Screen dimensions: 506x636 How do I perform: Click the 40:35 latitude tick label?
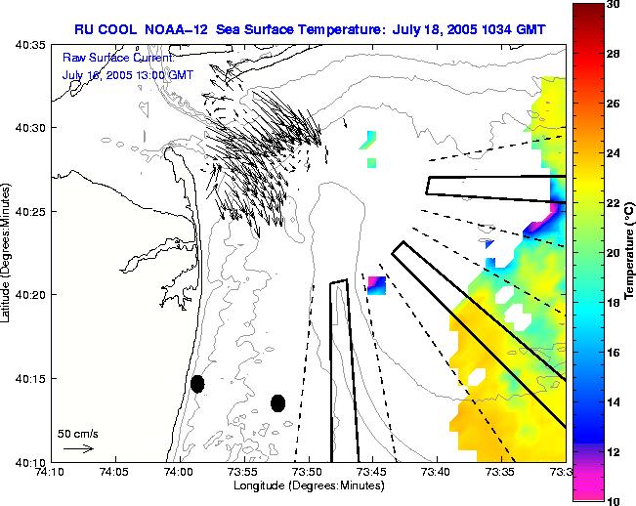point(32,45)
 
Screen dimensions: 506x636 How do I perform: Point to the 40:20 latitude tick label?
point(32,295)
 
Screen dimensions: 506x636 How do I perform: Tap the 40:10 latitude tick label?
point(32,461)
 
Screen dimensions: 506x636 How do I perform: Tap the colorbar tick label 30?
point(613,5)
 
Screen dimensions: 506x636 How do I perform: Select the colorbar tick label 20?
point(613,253)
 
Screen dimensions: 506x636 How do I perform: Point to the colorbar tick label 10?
point(613,500)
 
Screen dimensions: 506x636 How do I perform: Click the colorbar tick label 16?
point(613,352)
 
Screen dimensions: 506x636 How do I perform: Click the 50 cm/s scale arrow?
point(77,449)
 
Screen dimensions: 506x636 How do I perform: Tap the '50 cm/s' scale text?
point(78,433)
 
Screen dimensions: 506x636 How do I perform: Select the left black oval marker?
point(197,384)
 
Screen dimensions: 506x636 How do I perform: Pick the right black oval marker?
point(277,402)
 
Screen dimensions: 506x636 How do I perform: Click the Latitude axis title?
point(9,252)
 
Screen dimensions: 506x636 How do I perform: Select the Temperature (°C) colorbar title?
point(630,252)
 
